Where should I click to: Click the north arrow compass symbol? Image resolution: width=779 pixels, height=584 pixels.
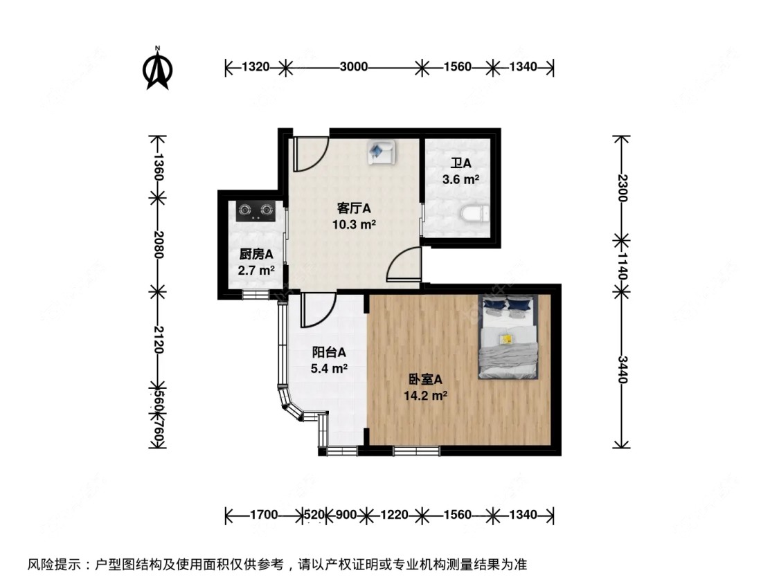pos(158,69)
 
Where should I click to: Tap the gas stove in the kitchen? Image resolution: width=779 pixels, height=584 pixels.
pos(254,209)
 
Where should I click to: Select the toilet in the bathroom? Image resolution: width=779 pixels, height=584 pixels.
pos(474,215)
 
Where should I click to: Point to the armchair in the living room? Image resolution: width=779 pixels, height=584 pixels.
pos(380,152)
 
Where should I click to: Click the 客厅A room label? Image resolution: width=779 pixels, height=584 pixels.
pos(355,208)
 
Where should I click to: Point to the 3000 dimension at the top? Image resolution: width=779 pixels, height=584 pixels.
pos(353,67)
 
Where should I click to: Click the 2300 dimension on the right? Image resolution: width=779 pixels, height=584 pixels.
pos(623,187)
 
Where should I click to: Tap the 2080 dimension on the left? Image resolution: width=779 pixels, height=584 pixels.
pos(158,244)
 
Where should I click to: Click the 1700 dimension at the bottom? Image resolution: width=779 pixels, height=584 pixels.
pos(264,515)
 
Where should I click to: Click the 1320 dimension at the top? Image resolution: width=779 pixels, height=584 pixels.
pos(255,67)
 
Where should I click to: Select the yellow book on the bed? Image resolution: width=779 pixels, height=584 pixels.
pos(507,338)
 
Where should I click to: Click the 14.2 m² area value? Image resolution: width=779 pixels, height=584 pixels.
pos(424,396)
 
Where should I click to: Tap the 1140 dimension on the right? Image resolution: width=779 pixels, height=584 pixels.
pos(623,265)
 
